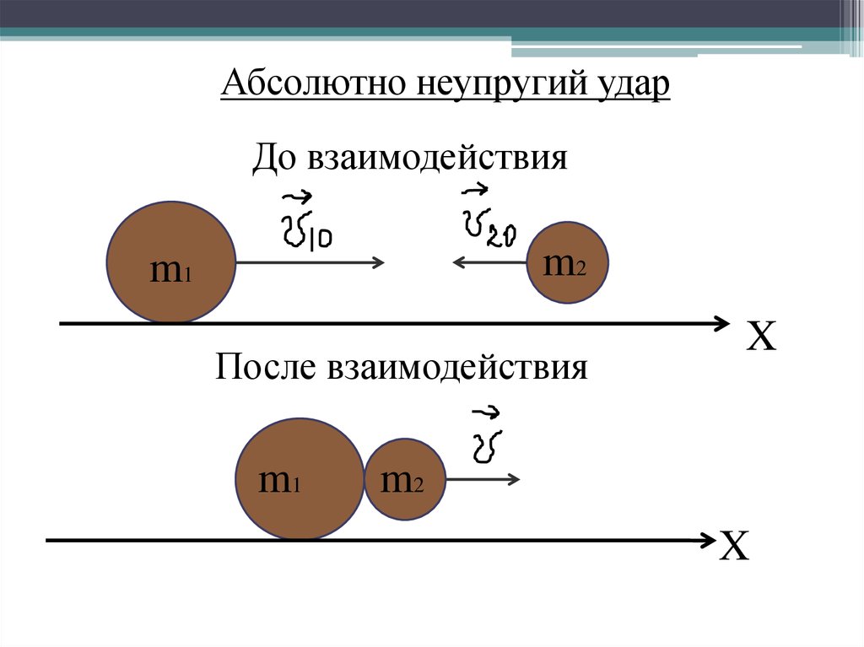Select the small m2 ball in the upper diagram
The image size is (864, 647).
(567, 262)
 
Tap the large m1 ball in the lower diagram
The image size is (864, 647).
(299, 478)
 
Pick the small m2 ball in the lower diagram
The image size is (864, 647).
(404, 478)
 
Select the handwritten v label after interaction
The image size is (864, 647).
(486, 437)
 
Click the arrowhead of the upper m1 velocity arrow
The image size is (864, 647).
(380, 263)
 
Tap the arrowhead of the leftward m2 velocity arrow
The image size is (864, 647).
(458, 263)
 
